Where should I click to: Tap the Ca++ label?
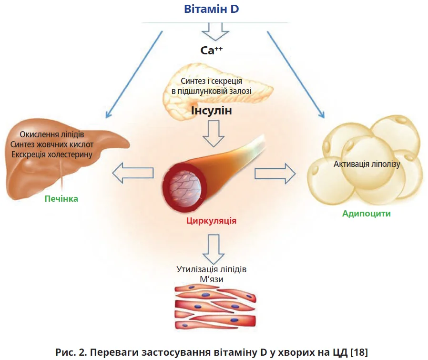212,50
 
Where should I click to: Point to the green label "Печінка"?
61,198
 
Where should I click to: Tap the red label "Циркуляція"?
212,221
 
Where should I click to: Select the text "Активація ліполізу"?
367,164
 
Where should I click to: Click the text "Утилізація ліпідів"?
212,269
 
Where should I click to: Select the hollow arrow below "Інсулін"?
211,134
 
